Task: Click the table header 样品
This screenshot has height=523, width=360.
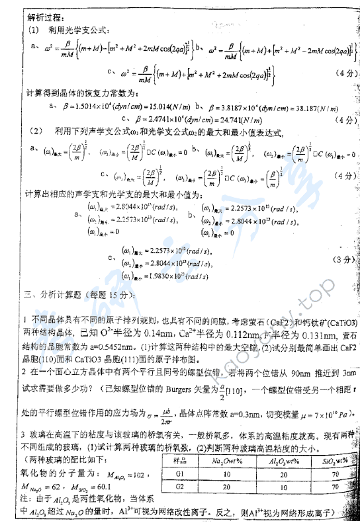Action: pyautogui.click(x=183, y=460)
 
